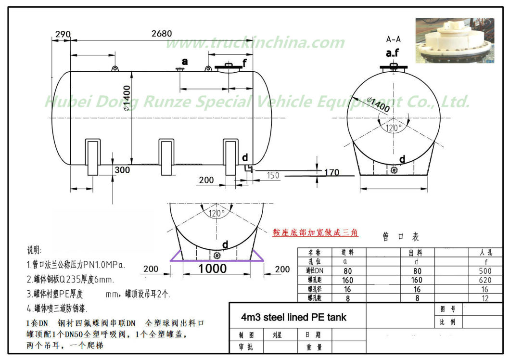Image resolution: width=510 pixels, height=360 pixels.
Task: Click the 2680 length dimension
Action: coord(161,34)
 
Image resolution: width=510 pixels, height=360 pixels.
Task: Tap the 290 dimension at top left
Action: coord(63,34)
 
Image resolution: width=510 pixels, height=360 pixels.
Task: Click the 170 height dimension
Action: coord(331,172)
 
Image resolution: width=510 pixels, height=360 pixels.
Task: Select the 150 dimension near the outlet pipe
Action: coord(273,176)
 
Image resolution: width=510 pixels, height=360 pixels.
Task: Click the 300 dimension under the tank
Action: coord(122,170)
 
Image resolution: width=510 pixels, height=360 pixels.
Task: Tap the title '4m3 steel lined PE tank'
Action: coord(293,317)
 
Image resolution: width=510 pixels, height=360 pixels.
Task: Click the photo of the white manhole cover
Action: coord(454,40)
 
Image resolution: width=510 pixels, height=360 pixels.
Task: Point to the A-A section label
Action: coord(394,39)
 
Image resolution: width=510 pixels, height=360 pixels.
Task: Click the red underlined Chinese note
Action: coord(316,232)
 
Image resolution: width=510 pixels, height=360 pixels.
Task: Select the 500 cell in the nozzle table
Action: coord(484,271)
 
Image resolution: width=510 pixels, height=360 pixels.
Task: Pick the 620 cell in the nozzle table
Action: coord(484,280)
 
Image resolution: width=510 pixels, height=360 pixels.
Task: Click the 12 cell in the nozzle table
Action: coord(484,298)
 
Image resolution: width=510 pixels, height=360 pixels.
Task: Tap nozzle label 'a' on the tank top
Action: coord(184,62)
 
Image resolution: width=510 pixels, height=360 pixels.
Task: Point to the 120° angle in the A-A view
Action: coord(394,128)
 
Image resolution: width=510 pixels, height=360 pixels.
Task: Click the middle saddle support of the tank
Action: coord(166,157)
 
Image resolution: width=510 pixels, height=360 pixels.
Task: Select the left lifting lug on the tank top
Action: coord(115,69)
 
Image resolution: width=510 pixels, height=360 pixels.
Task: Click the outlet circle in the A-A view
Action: coord(394,169)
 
